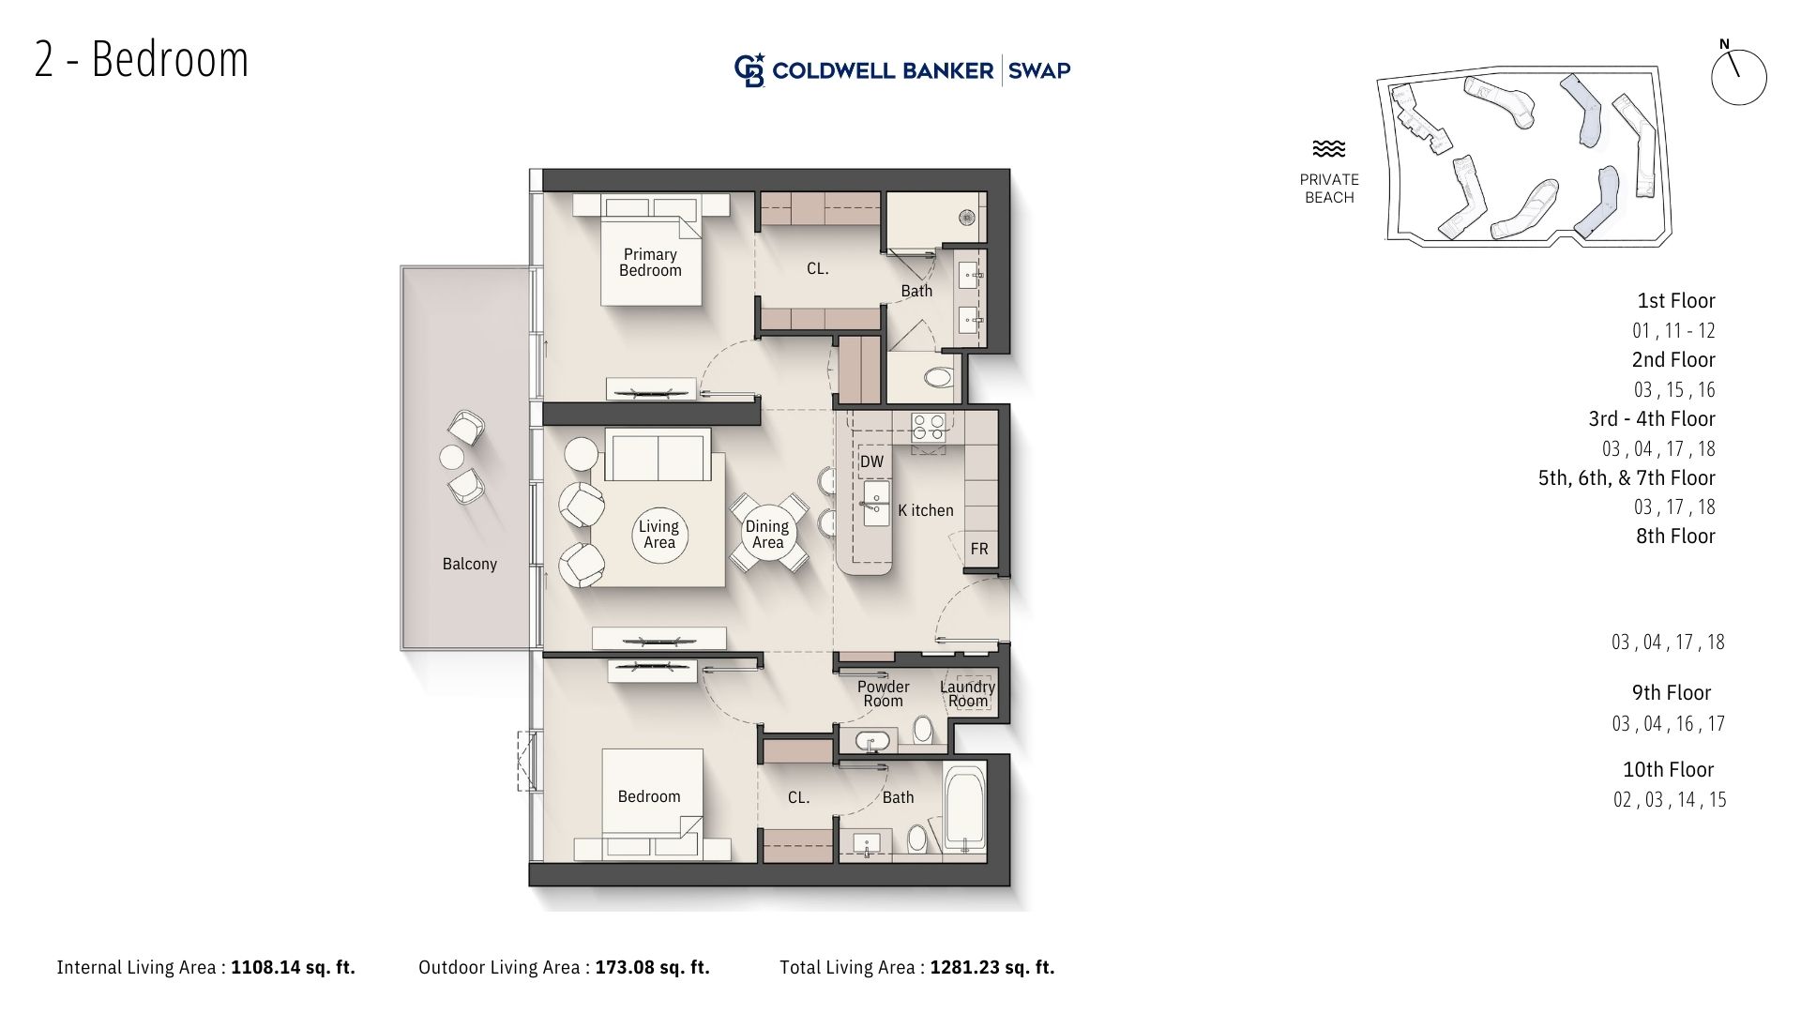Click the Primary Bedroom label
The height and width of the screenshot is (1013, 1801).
(x=650, y=263)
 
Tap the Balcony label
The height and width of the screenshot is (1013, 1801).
(x=470, y=564)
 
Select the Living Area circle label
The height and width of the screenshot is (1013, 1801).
(x=658, y=535)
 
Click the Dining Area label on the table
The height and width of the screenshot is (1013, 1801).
(x=767, y=535)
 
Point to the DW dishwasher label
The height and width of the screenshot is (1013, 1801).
(x=871, y=461)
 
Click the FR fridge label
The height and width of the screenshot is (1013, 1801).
(x=979, y=549)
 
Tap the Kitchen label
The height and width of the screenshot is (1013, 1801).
(x=926, y=510)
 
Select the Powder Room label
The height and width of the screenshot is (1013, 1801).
(x=883, y=694)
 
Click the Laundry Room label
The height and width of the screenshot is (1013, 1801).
(x=968, y=694)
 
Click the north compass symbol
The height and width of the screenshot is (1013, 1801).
(x=1738, y=74)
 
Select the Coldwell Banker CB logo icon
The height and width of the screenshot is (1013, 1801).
(x=749, y=70)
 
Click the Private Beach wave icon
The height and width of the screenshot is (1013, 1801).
(x=1329, y=148)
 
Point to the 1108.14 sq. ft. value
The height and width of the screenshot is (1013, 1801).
(x=294, y=967)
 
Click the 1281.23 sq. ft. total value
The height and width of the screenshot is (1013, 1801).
(x=992, y=967)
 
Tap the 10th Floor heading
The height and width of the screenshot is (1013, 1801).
(x=1668, y=770)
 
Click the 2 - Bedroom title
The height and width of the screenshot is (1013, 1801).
(x=142, y=59)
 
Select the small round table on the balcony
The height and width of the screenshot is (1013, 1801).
(x=452, y=458)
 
